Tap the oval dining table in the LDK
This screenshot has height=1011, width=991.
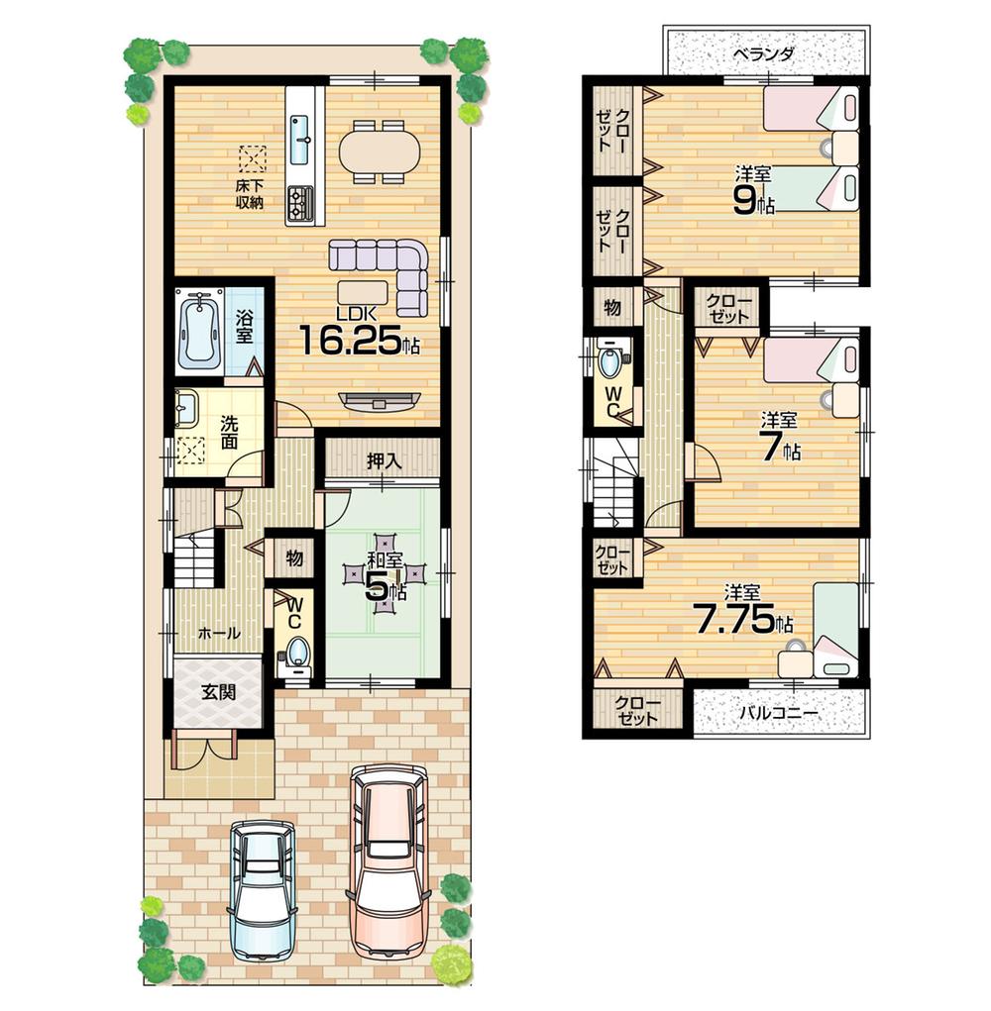[x=380, y=152]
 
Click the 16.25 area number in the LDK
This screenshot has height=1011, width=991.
[x=349, y=343]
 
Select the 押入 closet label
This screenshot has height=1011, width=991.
[x=383, y=460]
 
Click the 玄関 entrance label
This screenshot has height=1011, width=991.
[x=218, y=692]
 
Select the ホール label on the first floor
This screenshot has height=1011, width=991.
[x=218, y=633]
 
